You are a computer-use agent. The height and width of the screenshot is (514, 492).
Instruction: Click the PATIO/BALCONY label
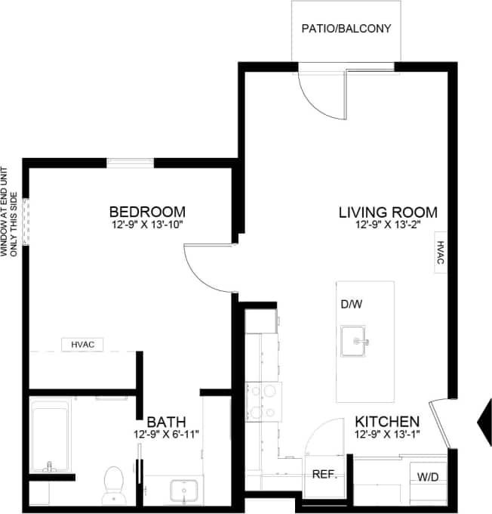point(346,29)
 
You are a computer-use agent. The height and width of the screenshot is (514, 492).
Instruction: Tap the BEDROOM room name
point(147,211)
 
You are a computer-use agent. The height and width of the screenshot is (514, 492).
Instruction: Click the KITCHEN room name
point(387,421)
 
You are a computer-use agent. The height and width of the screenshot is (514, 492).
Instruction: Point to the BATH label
point(166,421)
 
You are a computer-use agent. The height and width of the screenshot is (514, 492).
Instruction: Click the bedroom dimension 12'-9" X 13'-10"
point(147,224)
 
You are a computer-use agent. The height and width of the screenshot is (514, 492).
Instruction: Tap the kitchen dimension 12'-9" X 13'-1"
point(387,434)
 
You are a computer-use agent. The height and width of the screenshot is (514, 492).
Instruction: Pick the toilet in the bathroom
point(114,483)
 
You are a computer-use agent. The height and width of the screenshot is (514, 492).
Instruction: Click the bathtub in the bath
point(51,437)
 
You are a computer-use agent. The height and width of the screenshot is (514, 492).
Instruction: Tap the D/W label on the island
point(352,304)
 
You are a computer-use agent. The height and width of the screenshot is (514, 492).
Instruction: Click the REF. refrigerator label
point(324,475)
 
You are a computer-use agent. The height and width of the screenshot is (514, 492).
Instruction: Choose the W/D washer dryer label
point(428,476)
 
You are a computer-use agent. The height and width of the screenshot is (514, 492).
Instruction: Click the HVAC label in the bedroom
point(81,345)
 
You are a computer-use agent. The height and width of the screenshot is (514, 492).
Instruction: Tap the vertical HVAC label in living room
point(440,254)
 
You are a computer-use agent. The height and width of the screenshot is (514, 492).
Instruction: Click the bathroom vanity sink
point(182,491)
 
